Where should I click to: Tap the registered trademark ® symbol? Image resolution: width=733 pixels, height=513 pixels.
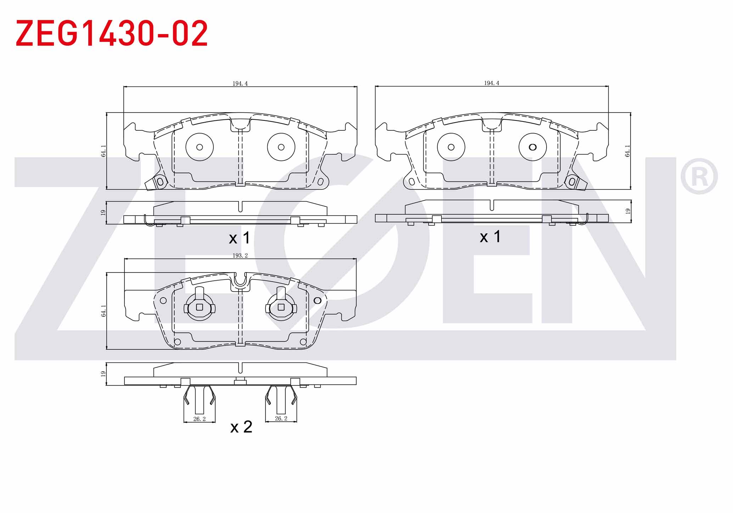tap(699, 176)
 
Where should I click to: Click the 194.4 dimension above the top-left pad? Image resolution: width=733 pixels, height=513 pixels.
tap(240, 84)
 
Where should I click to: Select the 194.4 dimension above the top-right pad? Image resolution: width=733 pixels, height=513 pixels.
tap(492, 83)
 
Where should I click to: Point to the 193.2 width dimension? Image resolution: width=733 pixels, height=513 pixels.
tap(240, 255)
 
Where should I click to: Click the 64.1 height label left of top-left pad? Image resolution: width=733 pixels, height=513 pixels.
tap(103, 151)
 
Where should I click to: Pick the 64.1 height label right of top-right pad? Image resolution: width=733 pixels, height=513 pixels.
tap(627, 151)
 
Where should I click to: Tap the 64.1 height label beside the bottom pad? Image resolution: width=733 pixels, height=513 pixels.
tap(103, 311)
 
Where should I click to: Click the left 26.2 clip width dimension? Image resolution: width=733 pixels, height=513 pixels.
tap(200, 419)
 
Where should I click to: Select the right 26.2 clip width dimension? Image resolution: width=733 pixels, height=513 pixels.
tap(281, 418)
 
